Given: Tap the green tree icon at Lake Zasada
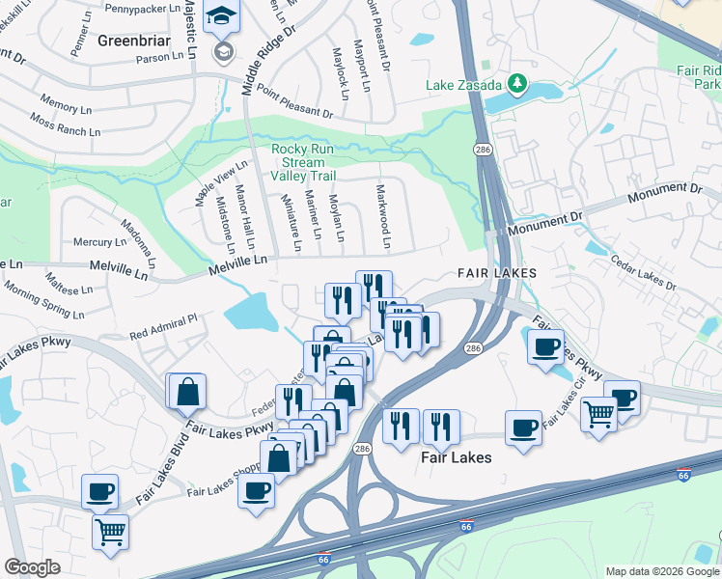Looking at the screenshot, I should [517, 84].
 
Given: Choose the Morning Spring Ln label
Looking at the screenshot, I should [43, 299].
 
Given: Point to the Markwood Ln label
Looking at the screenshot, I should [383, 213].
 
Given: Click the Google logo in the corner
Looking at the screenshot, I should [32, 567].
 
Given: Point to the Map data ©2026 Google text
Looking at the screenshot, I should [661, 571].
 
